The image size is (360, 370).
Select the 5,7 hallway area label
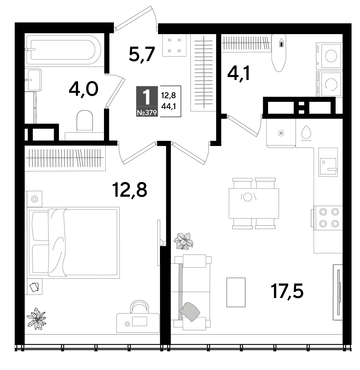[142, 55]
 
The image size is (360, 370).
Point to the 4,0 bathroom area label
[84, 89]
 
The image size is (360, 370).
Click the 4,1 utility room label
[239, 74]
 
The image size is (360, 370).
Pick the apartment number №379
[147, 113]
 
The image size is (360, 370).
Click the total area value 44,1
[168, 106]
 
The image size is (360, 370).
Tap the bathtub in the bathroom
[64, 50]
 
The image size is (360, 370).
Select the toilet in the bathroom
[85, 121]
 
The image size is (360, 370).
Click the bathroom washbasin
[33, 80]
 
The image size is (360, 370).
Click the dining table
[254, 203]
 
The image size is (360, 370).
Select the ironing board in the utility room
[279, 53]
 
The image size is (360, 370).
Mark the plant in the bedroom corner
[37, 319]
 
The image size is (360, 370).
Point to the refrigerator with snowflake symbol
[281, 133]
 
